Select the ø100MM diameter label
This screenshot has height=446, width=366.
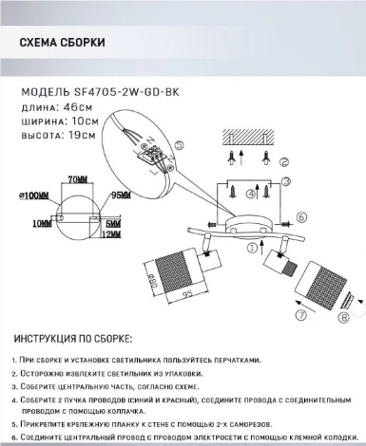(x=35, y=195)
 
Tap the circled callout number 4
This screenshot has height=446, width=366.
(x=250, y=194)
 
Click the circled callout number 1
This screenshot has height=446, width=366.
(x=252, y=248)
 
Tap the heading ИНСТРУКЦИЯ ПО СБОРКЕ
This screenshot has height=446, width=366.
(x=76, y=339)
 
